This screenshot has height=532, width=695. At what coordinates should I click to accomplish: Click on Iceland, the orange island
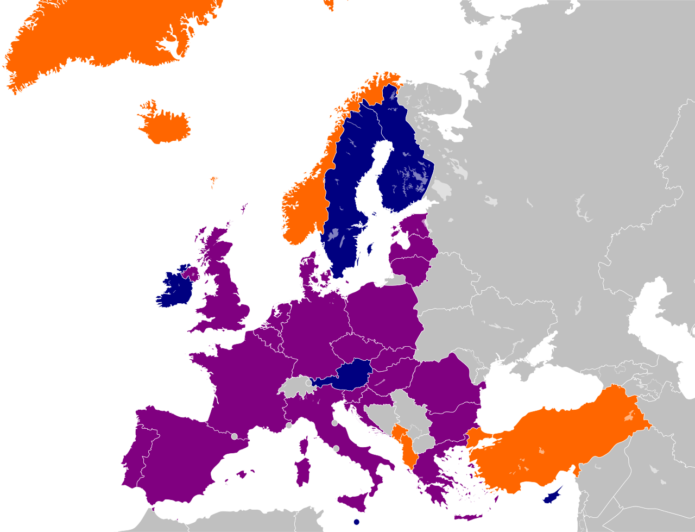coord(165,126)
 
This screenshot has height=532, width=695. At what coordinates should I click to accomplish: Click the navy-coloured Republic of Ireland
coord(175,288)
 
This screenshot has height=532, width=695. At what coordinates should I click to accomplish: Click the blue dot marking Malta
coord(356,522)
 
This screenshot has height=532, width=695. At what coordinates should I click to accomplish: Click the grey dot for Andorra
coord(234,436)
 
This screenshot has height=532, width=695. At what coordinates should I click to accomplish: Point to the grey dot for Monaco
coord(289,425)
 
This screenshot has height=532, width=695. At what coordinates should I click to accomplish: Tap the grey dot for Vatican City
coord(336,448)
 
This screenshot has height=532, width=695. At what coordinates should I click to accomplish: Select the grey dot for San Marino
coord(334,423)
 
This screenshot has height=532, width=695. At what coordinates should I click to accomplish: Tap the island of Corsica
coord(305,446)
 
